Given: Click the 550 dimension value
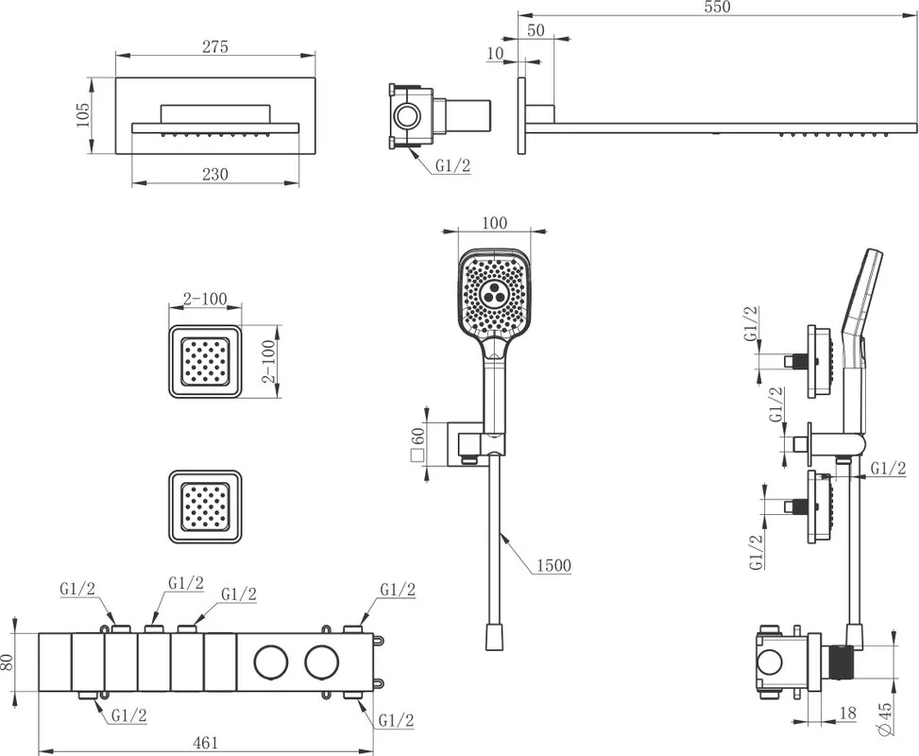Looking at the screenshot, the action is coord(718,7).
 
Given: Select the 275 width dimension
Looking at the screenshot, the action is coord(215,47).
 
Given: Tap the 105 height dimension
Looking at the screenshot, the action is coord(82,115).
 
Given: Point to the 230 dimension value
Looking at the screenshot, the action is coord(215,174).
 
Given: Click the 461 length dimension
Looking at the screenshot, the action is coord(206,743).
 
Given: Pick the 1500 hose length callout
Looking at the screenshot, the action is coord(553,565).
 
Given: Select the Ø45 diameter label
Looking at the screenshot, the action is coord(885,718).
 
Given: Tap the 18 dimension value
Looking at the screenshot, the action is coord(847,713).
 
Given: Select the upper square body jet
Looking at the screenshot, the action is coord(205,361).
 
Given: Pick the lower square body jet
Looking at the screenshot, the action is coord(205,507).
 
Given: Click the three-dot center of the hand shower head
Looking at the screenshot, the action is coord(492,294).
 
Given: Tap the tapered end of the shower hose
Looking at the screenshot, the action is coord(495,637).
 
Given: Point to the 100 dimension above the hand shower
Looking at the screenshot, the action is coord(494,223).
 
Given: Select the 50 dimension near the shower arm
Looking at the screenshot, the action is coord(536,30).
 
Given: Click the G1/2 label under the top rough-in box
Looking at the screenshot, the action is coord(452,166).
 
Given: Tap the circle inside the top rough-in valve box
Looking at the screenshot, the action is coord(405,114).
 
